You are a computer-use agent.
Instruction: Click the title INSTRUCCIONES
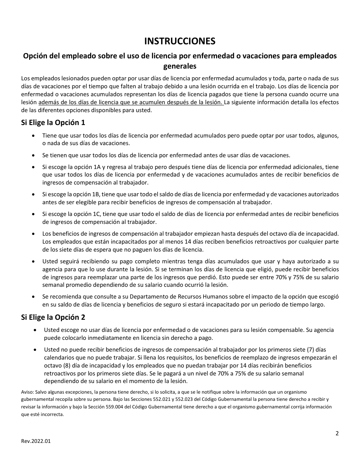tap(180, 41)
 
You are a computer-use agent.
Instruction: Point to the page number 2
tap(337, 433)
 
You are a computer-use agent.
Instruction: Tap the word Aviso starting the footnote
tap(28, 392)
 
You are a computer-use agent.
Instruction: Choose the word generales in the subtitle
tap(180, 66)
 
